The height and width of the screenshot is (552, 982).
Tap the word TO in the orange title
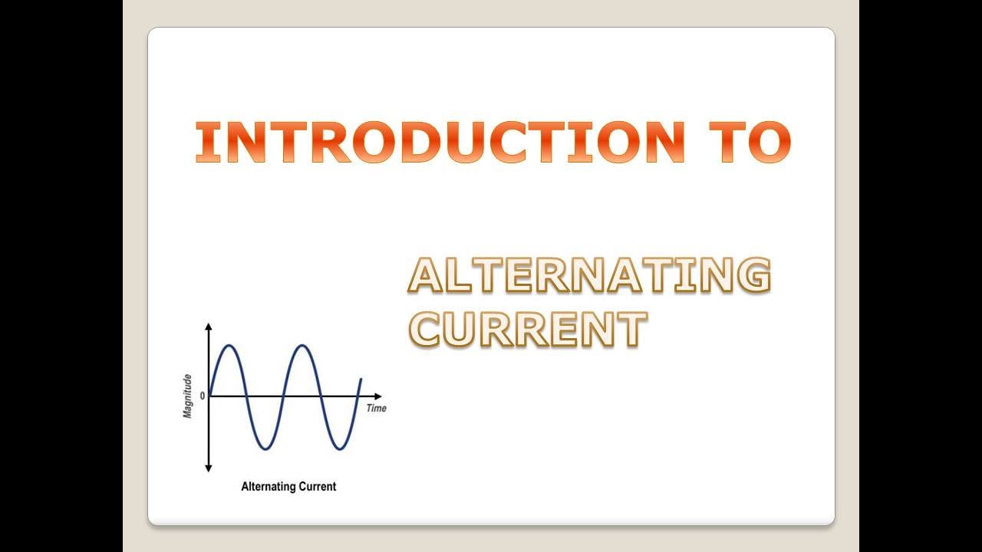click(x=747, y=143)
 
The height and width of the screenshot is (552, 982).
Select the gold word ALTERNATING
click(x=588, y=276)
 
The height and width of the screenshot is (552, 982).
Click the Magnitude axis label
click(x=188, y=396)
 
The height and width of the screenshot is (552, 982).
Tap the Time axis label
click(x=376, y=408)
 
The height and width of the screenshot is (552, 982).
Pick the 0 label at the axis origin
click(x=203, y=396)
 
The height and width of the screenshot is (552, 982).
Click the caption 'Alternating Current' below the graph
click(x=288, y=486)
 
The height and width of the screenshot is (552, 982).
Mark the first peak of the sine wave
click(x=228, y=346)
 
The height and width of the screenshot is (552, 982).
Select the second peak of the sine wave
click(x=303, y=346)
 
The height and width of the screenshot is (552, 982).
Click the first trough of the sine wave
click(x=265, y=449)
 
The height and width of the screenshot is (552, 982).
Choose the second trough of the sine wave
click(x=341, y=449)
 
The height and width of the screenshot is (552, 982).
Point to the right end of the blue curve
click(x=361, y=379)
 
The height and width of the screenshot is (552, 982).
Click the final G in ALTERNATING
click(x=751, y=276)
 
